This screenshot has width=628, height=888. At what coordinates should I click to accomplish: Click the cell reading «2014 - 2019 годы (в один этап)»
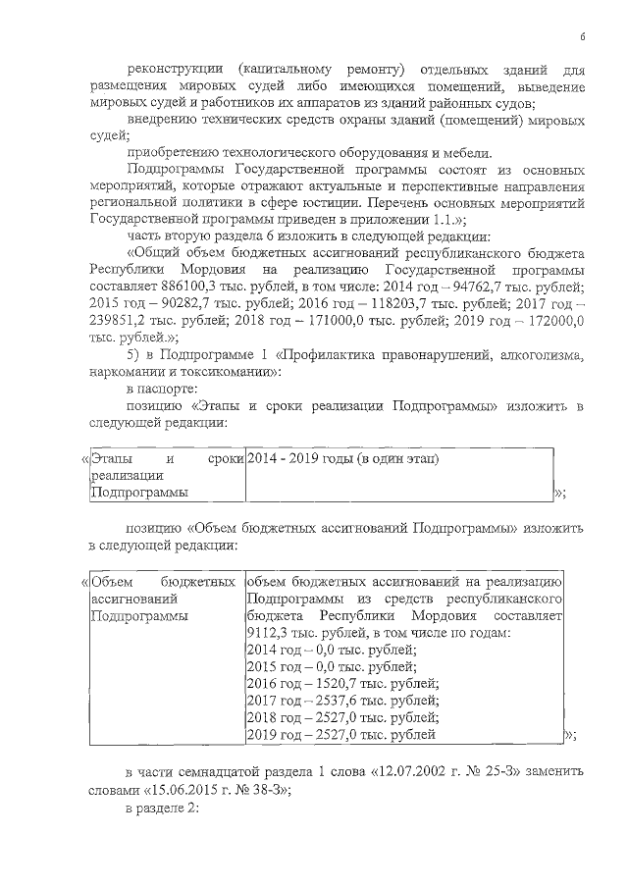click(x=342, y=458)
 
